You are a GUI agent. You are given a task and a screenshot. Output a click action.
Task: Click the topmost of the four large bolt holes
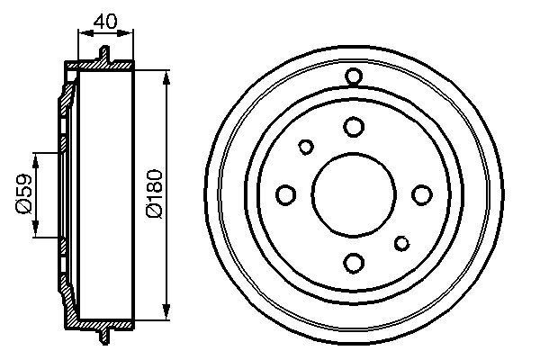coord(354,127)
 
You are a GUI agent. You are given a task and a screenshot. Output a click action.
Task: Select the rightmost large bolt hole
coord(420,194)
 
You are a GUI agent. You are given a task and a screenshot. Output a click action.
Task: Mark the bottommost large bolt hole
coord(354,262)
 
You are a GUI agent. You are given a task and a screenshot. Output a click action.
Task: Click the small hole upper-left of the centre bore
coord(306,147)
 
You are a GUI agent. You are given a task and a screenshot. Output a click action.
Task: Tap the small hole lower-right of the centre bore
coord(401,242)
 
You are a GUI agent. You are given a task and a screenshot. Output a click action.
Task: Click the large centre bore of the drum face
coord(354,194)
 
